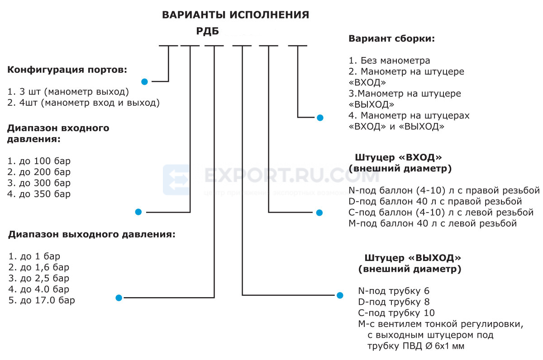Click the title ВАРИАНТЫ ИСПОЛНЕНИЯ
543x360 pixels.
(235, 15)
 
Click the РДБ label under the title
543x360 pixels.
(208, 31)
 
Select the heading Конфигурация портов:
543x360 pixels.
(67, 70)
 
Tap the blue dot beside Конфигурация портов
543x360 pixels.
(144, 82)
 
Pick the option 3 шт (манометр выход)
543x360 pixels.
(68, 91)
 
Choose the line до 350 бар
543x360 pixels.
(39, 194)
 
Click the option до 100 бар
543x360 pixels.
(39, 161)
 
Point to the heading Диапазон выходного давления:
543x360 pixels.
(91, 234)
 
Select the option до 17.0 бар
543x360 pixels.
(42, 300)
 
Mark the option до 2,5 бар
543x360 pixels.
(39, 278)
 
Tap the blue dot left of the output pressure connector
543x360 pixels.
(119, 298)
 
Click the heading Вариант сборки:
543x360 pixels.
(392, 38)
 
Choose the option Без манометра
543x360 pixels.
(389, 60)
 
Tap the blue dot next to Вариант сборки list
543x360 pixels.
(320, 118)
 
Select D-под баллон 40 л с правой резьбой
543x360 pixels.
(435, 201)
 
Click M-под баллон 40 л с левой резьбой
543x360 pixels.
(433, 223)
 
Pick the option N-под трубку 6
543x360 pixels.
(394, 291)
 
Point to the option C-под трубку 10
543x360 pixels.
(396, 313)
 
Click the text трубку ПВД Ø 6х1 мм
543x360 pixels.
(416, 346)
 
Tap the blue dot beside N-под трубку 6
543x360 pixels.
(340, 295)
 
